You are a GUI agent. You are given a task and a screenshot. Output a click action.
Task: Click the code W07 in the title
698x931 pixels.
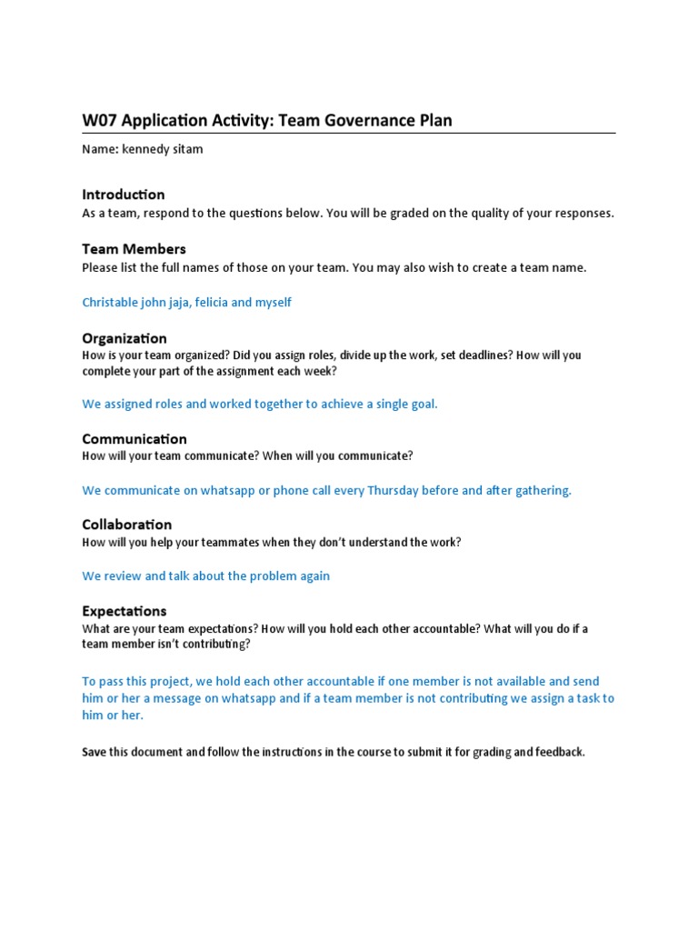coord(99,120)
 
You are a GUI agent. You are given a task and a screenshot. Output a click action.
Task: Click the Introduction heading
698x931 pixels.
coord(124,195)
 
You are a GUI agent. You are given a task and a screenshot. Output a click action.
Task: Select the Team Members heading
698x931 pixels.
coord(134,249)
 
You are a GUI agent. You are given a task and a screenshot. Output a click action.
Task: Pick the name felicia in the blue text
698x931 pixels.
coord(215,302)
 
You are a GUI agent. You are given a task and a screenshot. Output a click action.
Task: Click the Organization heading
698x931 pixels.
coord(125,338)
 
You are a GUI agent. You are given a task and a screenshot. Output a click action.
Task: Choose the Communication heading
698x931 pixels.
coord(135,439)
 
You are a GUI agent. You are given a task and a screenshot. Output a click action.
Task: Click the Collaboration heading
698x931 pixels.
coord(126,525)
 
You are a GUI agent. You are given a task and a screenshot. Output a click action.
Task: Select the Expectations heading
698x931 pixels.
coord(125,611)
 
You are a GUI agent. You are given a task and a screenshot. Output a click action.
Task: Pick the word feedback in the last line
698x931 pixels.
coord(558,753)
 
